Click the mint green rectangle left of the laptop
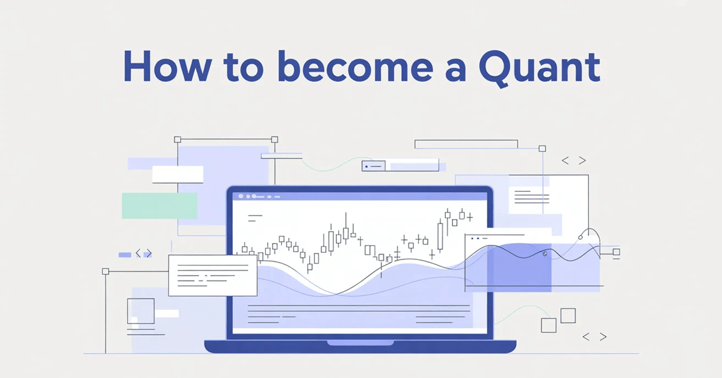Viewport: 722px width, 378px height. click(159, 206)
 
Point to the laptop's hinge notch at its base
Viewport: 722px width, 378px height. click(360, 343)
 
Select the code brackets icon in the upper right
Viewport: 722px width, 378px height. click(573, 161)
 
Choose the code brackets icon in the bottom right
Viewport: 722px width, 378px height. click(594, 337)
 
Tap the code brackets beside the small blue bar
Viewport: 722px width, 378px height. click(144, 254)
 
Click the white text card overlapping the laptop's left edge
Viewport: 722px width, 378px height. click(212, 276)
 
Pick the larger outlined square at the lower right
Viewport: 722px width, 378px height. click(568, 315)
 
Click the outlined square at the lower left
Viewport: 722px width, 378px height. click(140, 311)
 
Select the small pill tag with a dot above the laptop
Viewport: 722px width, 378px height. click(372, 166)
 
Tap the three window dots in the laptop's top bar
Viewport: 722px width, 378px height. click(247, 196)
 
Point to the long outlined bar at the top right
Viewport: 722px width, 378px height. click(466, 144)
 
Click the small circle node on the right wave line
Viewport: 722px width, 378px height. click(545, 254)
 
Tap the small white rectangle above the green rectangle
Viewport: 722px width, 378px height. click(177, 175)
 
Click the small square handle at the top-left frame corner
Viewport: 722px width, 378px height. click(177, 139)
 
